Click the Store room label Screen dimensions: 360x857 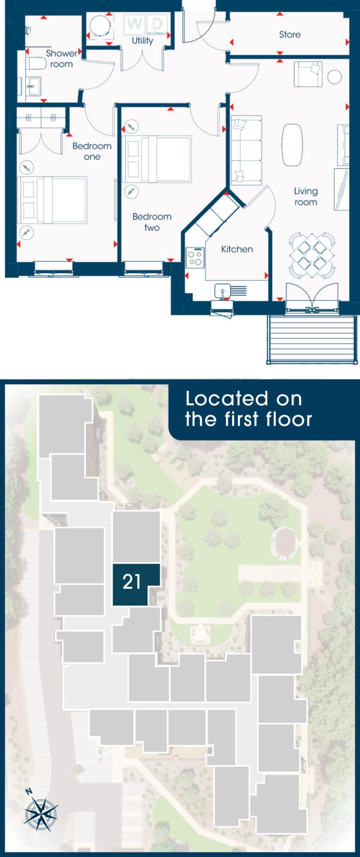pyautogui.click(x=290, y=35)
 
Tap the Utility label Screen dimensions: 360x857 pyautogui.click(x=143, y=40)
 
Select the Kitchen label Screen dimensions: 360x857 pyautogui.click(x=237, y=249)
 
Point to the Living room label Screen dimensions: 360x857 pyautogui.click(x=306, y=197)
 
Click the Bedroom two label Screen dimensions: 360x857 pyautogui.click(x=152, y=222)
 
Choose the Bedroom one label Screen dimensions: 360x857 pyautogui.click(x=92, y=151)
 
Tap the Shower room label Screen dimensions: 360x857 pyautogui.click(x=62, y=58)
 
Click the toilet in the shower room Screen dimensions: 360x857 pyautogui.click(x=36, y=63)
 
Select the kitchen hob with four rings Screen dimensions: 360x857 pyautogui.click(x=195, y=258)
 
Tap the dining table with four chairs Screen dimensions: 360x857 pyautogui.click(x=312, y=254)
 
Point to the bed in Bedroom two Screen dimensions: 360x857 pyautogui.click(x=157, y=159)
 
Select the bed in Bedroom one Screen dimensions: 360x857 pyautogui.click(x=52, y=200)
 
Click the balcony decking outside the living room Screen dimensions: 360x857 pyautogui.click(x=312, y=339)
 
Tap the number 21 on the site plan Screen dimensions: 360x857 pyautogui.click(x=132, y=582)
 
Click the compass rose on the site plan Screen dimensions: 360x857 pyautogui.click(x=40, y=814)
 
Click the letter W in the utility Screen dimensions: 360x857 pyautogui.click(x=134, y=24)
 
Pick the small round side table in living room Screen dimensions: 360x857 pyautogui.click(x=334, y=77)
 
